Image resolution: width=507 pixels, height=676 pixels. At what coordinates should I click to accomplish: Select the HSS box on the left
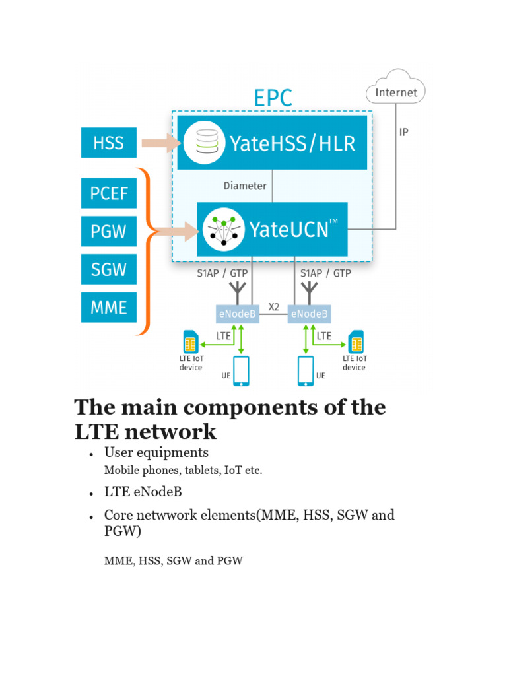click(108, 143)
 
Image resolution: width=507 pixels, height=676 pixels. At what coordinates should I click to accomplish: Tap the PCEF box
click(108, 193)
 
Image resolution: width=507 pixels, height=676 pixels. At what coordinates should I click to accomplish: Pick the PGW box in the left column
click(108, 231)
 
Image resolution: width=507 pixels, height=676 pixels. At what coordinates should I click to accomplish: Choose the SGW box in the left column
click(108, 269)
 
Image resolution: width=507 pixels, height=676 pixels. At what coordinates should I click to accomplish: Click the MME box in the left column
click(108, 307)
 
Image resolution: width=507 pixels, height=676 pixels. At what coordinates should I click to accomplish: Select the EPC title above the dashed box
click(273, 98)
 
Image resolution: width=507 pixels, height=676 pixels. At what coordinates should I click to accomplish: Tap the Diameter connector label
click(245, 186)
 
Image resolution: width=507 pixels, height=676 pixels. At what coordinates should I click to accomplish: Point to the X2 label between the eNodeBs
click(274, 308)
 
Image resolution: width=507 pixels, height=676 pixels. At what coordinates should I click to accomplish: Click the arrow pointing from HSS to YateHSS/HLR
click(161, 143)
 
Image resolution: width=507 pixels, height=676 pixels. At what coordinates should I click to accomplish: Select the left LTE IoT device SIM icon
click(191, 343)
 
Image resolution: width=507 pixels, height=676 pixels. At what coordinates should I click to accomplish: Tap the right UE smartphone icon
click(306, 371)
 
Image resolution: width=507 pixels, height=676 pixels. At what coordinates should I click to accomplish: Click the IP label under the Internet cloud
click(403, 133)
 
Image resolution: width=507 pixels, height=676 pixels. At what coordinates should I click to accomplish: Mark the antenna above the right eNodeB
click(309, 290)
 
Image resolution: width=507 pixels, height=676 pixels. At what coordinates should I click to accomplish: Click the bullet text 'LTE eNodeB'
click(143, 492)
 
